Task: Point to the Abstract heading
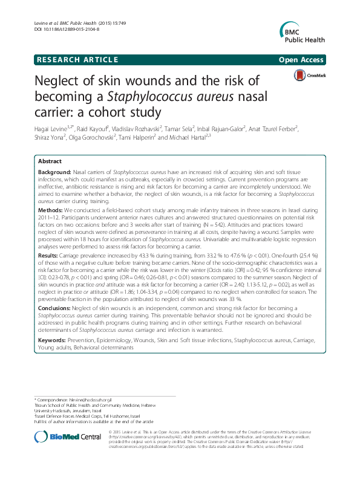coord(50,161)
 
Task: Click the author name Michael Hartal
coord(202,138)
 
